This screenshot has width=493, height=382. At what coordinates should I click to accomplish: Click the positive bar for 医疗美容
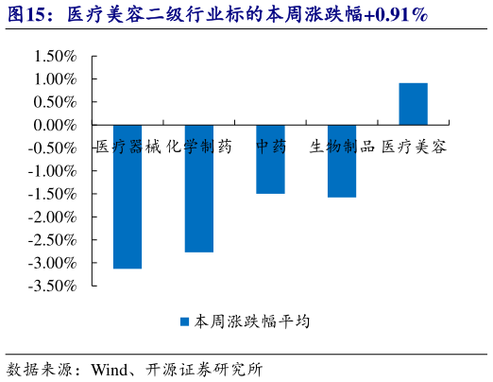(x=413, y=104)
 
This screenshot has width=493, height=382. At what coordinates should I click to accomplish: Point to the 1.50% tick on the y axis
(x=55, y=56)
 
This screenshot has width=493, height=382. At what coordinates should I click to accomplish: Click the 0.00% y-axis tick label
(x=55, y=125)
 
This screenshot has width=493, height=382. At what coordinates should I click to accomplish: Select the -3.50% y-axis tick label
(x=52, y=286)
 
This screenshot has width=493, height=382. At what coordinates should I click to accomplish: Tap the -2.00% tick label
(x=52, y=217)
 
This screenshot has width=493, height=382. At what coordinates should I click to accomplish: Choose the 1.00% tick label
(x=55, y=79)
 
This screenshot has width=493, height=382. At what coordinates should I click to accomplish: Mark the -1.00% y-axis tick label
(x=52, y=171)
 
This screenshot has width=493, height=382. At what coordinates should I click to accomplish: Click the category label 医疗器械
(x=127, y=147)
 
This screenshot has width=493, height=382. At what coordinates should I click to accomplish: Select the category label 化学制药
(x=198, y=147)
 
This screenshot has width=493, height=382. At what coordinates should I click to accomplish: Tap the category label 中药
(x=270, y=147)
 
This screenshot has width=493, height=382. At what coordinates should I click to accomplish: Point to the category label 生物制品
(x=342, y=147)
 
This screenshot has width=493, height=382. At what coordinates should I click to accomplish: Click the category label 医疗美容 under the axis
(x=414, y=147)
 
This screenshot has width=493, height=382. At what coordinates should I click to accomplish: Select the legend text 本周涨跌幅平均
(x=251, y=321)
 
